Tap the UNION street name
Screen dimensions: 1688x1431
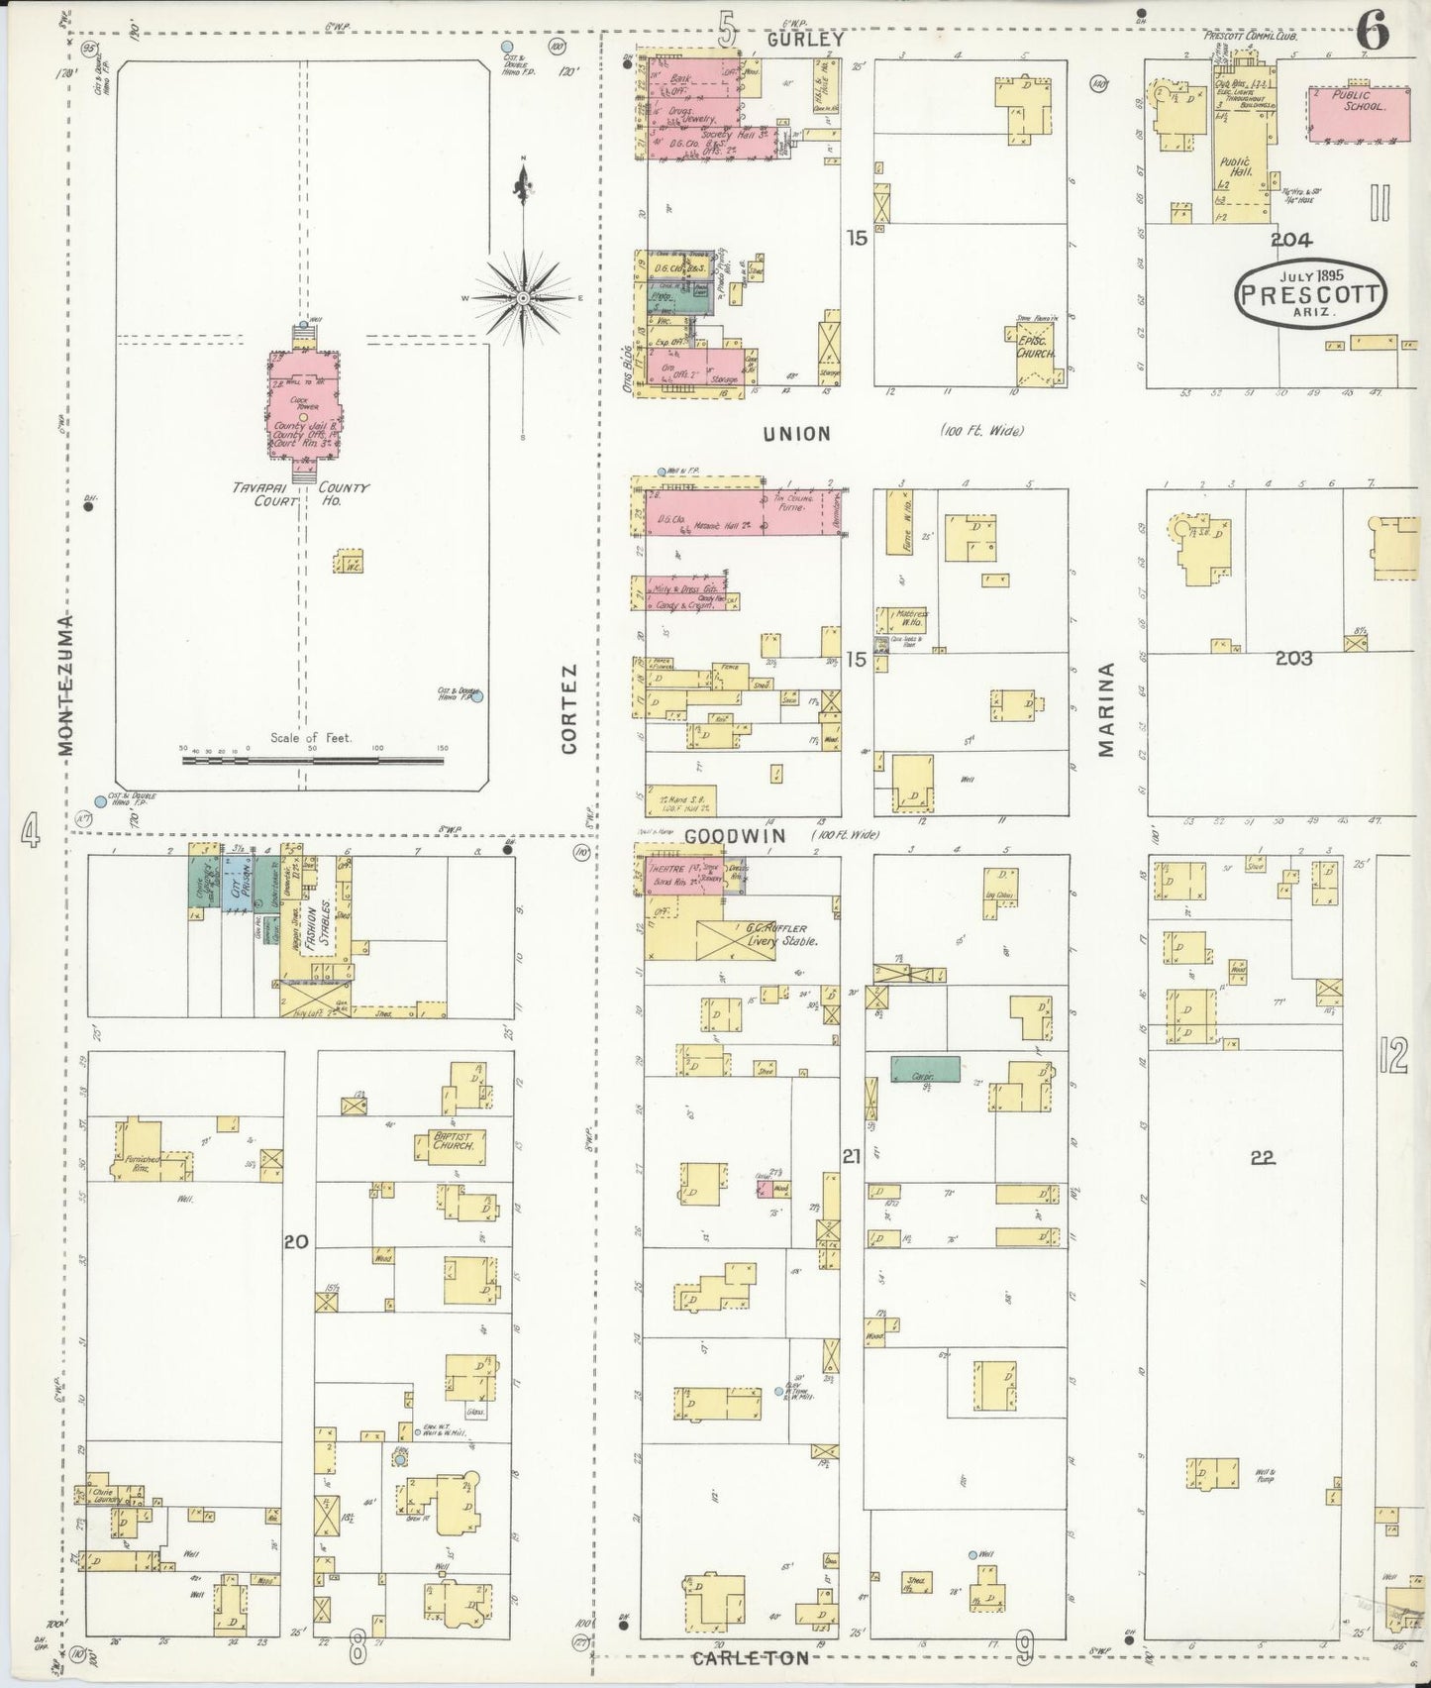coord(796,434)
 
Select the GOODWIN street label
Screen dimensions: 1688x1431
coord(735,836)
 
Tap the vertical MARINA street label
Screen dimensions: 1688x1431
coord(1106,709)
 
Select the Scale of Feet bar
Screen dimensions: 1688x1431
coord(313,761)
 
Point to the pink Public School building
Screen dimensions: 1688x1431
coord(1359,114)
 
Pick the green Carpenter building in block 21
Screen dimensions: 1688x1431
coord(925,1069)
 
